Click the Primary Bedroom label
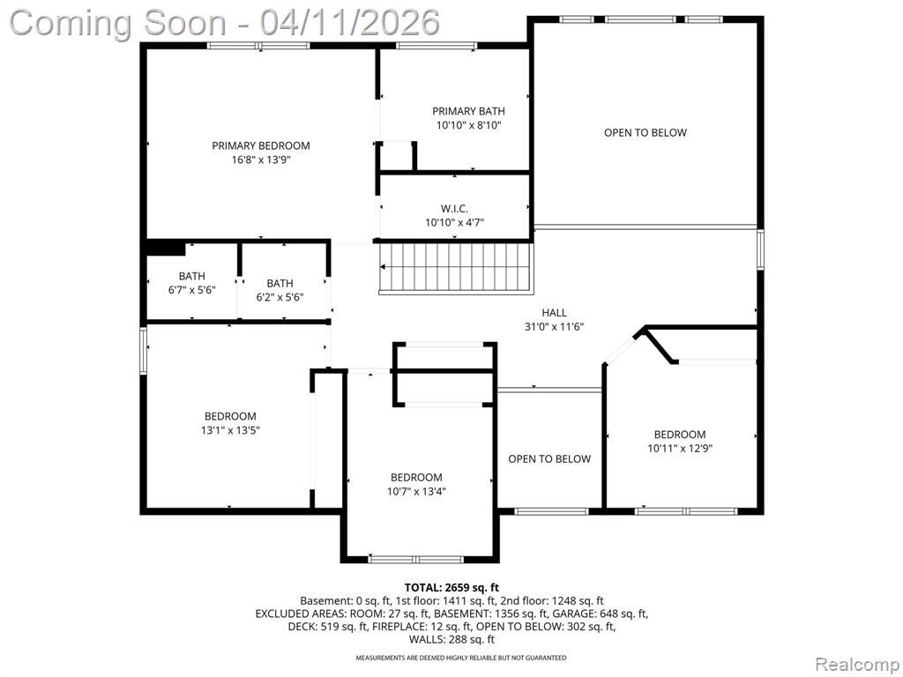261,145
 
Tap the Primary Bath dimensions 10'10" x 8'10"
469,125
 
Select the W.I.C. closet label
454,208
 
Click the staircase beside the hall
455,268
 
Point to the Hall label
554,313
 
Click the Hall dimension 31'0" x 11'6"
554,326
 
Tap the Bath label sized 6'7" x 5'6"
191,276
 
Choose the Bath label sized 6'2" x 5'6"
280,283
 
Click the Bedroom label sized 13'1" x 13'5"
230,416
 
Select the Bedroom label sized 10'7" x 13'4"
416,477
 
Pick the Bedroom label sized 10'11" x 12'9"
680,435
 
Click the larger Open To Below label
646,132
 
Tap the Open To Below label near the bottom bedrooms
549,458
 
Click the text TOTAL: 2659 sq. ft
451,588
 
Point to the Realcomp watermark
857,664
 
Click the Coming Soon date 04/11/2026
349,23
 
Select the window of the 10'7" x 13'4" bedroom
416,559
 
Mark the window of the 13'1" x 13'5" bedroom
144,351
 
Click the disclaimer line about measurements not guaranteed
460,658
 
